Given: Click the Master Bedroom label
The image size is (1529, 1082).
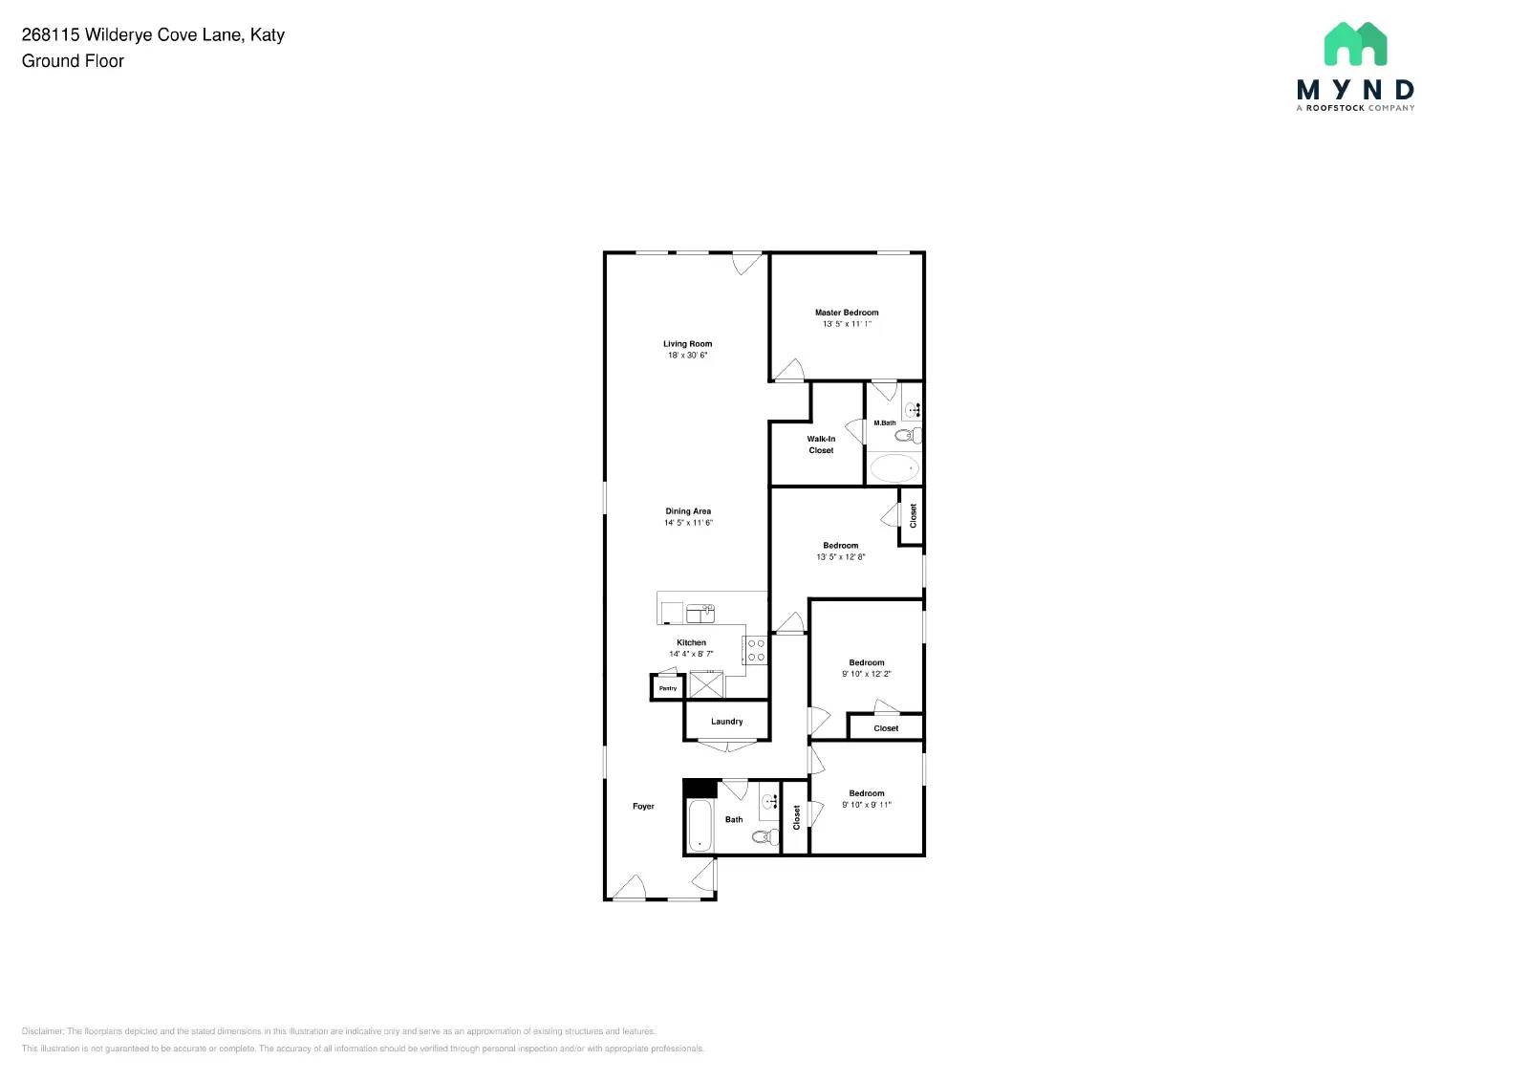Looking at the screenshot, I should pos(847,313).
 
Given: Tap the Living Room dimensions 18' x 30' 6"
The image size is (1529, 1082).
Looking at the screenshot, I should pos(687,356).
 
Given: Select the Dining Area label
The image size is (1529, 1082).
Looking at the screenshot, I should pos(688,511).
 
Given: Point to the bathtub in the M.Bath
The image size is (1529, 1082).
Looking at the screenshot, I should pos(894,468).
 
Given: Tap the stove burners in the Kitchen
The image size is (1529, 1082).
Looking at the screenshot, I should pos(756,651).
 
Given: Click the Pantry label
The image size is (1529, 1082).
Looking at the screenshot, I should pos(668,688).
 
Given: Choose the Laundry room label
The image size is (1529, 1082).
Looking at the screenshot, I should pos(726,722).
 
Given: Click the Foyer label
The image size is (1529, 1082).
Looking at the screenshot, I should pos(643,807).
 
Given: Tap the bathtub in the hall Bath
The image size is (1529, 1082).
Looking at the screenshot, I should pos(700,826).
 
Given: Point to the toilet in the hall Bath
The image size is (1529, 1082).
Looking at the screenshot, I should pos(763,837).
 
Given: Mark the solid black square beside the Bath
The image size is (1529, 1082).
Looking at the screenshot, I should pos(700,789).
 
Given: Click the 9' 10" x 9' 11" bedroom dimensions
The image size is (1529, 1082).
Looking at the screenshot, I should pos(866,805).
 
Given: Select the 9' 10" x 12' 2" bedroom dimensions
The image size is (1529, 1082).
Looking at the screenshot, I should pos(866,674).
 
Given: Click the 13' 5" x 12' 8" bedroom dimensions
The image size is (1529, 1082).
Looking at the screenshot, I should pos(840,557).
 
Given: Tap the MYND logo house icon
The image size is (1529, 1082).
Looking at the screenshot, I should pos(1355,44).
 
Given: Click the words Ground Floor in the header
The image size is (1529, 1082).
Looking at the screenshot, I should pos(73,61).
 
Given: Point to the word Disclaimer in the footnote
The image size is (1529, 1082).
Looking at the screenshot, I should pos(42,1031).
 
